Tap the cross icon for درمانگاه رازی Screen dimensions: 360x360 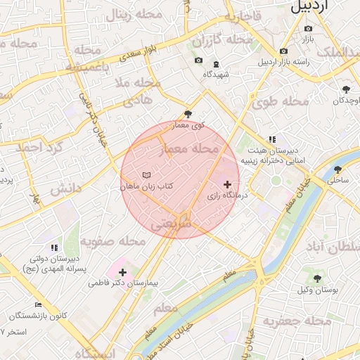(226, 184)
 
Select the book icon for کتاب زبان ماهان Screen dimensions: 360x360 (146, 174)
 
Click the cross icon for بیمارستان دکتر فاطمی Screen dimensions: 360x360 (123, 272)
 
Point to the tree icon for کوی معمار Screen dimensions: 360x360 (187, 114)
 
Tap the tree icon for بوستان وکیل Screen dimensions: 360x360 (315, 279)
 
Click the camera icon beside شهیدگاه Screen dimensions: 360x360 (198, 60)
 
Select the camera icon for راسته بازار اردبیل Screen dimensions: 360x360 (283, 51)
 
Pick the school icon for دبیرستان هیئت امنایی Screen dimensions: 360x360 (272, 139)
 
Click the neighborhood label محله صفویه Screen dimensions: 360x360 (112, 240)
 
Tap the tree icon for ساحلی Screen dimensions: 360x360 (337, 169)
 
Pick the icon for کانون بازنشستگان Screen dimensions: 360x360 (39, 305)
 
